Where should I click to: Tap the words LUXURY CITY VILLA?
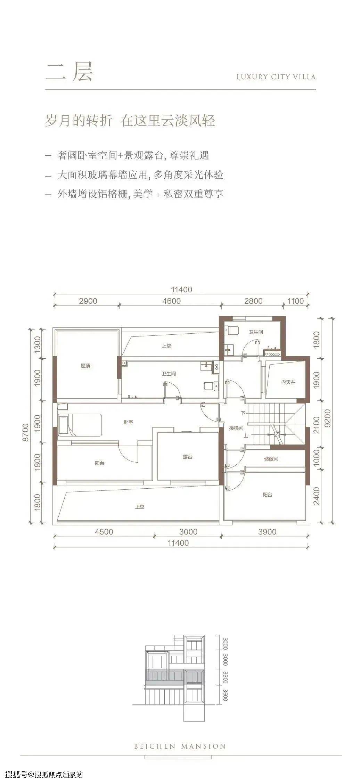[x=276, y=77]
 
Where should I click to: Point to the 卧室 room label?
[x=129, y=422]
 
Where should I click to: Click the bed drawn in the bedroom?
[x=80, y=425]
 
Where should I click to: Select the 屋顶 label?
[x=85, y=366]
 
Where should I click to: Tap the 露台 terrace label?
[x=188, y=457]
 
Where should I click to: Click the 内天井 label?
[x=288, y=382]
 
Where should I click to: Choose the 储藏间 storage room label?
[x=271, y=459]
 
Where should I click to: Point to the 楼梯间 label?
[x=236, y=428]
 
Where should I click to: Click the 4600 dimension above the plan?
[x=172, y=301]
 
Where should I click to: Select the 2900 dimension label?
[x=88, y=301]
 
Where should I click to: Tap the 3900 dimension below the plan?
[x=268, y=532]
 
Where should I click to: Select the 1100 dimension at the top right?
[x=295, y=301]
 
